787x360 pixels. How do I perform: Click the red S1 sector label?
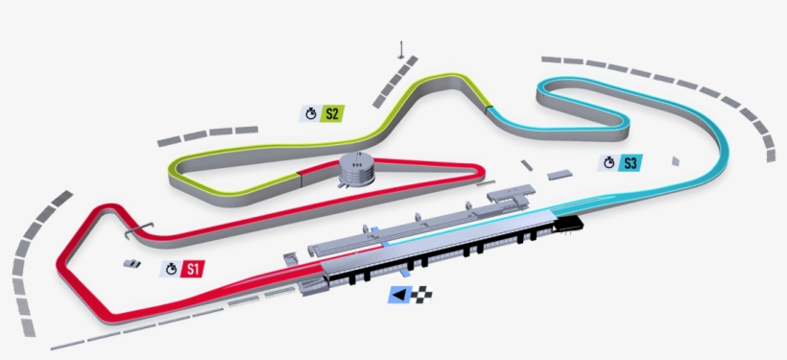[x=193, y=269]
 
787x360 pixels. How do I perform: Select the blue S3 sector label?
[x=631, y=162]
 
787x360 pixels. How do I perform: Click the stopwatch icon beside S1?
[x=171, y=269]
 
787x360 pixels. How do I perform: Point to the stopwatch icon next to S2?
[x=311, y=113]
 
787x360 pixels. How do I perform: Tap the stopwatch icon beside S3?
[x=608, y=162]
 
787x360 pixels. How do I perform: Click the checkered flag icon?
[x=423, y=296]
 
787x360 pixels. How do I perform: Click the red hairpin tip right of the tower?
[x=473, y=172]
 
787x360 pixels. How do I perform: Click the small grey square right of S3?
[x=675, y=160]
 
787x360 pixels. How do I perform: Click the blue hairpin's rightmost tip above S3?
[x=626, y=122]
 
